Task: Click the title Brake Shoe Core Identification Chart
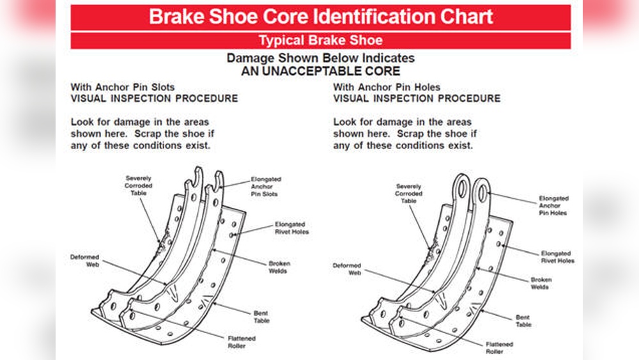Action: tap(320, 17)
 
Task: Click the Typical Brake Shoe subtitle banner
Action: tap(320, 41)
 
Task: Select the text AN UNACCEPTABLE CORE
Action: tap(320, 71)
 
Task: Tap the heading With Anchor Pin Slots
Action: tap(122, 87)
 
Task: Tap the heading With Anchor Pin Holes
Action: tap(387, 87)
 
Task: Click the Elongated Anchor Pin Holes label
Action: tap(553, 206)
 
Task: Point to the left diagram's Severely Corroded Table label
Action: tap(138, 186)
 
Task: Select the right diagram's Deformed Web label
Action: tap(347, 269)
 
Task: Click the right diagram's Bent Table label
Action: tap(524, 321)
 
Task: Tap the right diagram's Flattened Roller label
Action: tap(498, 348)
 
